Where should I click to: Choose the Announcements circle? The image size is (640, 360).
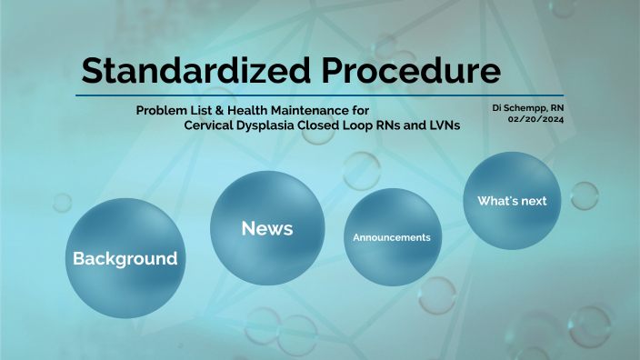coord(391,238)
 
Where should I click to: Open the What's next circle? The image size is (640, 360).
coord(512,201)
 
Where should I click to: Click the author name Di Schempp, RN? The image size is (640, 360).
coord(528,107)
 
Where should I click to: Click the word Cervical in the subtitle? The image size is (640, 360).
coord(210,125)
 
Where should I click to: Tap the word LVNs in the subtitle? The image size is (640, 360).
coord(440,125)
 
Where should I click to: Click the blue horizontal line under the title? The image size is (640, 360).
coord(319,95)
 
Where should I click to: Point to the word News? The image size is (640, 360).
coord(266,229)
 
